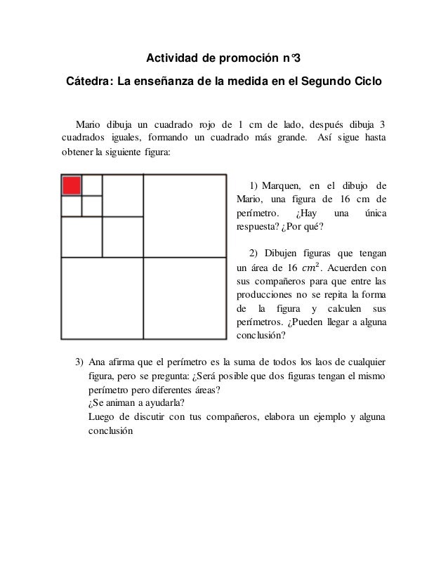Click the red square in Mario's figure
point(72,185)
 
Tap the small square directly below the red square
point(72,206)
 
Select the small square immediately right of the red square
point(92,185)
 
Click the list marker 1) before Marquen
point(255,185)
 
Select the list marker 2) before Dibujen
point(255,253)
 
